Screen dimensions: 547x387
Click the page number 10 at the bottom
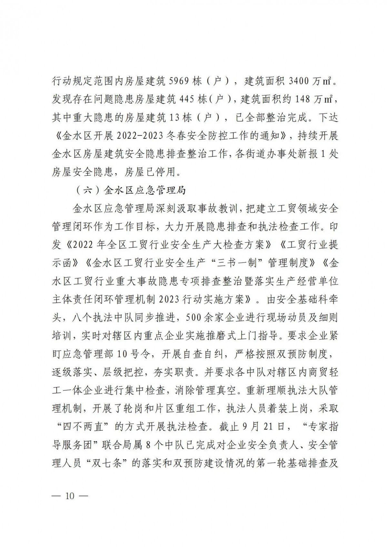tap(70, 504)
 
